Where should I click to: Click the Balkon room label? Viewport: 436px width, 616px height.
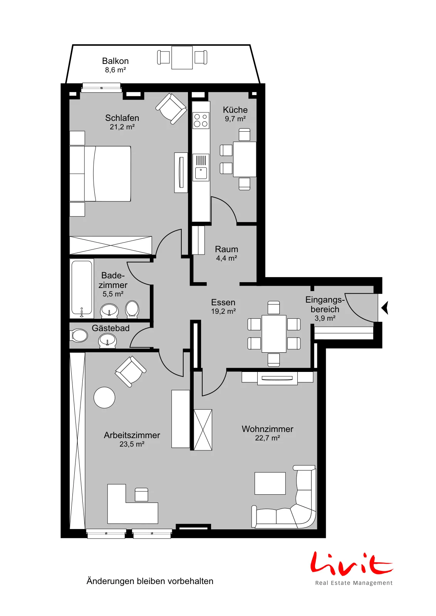click(x=115, y=61)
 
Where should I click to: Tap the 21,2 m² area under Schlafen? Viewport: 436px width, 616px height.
click(x=122, y=127)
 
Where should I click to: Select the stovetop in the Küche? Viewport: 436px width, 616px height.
click(x=201, y=121)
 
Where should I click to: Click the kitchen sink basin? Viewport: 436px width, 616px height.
click(x=201, y=173)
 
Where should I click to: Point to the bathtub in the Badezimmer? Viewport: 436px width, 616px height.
click(x=82, y=288)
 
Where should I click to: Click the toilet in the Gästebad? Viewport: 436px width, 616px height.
click(x=79, y=335)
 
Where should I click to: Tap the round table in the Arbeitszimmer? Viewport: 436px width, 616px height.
click(x=104, y=397)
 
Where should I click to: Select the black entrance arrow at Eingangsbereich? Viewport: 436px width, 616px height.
click(x=385, y=308)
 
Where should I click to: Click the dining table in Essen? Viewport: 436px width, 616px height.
click(x=274, y=333)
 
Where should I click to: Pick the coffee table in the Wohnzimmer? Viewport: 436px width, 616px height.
click(x=270, y=483)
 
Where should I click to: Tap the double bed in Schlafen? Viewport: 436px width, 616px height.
click(x=100, y=174)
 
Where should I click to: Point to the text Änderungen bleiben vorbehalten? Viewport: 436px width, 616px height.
click(x=150, y=581)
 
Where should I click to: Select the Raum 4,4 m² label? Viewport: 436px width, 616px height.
click(x=226, y=253)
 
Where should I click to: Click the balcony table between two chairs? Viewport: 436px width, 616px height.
click(x=182, y=57)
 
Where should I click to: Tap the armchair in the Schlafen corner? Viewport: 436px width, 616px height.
click(x=171, y=108)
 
